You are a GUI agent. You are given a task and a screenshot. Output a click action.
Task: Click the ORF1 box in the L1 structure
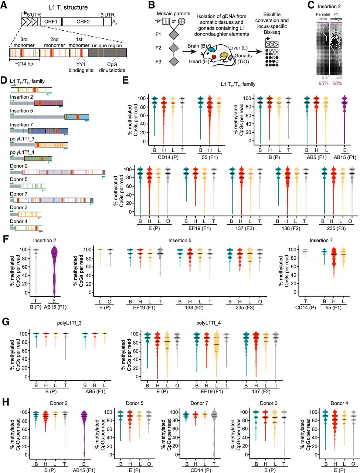click(x=51, y=22)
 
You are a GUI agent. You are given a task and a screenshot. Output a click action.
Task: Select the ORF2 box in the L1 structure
click(x=83, y=22)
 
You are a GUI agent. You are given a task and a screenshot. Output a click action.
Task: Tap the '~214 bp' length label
click(x=24, y=64)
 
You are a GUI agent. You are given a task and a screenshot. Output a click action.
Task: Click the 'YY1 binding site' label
click(x=81, y=67)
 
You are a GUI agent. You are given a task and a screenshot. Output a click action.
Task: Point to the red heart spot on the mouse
click(x=214, y=57)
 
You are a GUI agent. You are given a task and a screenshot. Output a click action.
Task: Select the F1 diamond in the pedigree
click(x=174, y=34)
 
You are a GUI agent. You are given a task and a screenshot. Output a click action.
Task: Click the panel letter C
click(x=311, y=5)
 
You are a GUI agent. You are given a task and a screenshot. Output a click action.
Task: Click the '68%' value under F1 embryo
click(x=337, y=84)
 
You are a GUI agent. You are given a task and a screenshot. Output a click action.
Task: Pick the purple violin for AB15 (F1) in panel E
click(x=344, y=120)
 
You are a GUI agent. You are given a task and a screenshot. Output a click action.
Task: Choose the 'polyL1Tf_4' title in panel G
click(x=208, y=323)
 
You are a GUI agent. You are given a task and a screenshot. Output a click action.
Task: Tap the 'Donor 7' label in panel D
click(x=19, y=194)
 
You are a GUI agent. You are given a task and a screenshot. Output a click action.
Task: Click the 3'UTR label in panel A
click(x=108, y=15)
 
